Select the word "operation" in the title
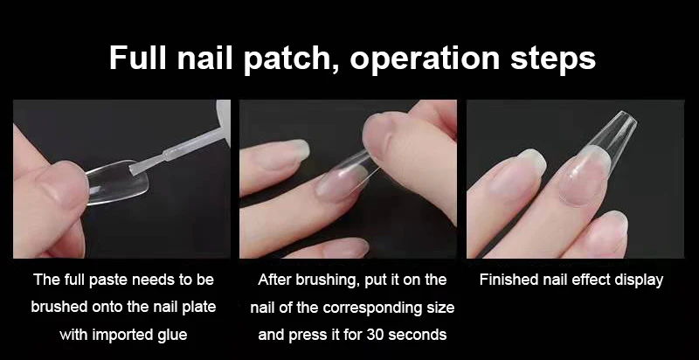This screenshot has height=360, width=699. coord(426,60)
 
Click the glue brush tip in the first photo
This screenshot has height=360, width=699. coord(133,169)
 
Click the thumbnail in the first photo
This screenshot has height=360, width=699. coord(62,183)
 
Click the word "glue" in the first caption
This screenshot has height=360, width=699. coord(171,336)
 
